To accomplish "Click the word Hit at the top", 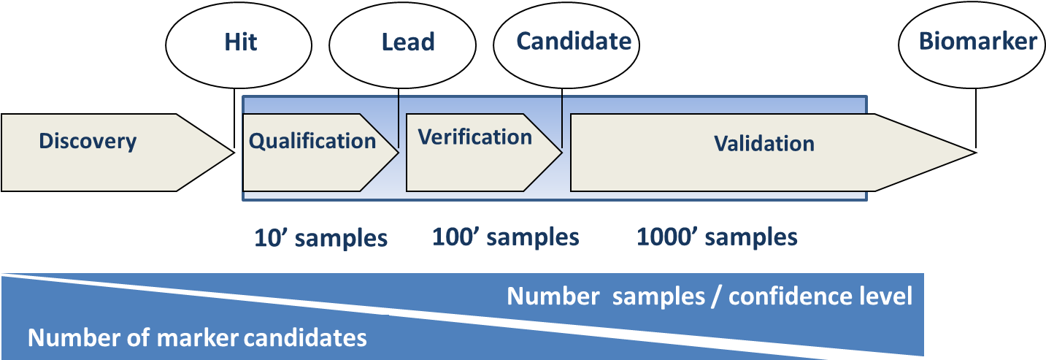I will [x=241, y=42].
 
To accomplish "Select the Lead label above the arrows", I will [x=408, y=42].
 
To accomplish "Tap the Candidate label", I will [x=574, y=42].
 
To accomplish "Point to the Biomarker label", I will [x=977, y=42].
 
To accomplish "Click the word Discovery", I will [x=88, y=141].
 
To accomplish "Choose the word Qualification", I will [x=312, y=141].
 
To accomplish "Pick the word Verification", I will [x=474, y=137].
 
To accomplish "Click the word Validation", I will [x=764, y=143].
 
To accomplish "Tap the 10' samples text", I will [x=320, y=238].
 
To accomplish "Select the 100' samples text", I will [x=506, y=237].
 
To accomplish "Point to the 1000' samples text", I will [x=717, y=237].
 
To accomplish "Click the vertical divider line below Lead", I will [x=399, y=120].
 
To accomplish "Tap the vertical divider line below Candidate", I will [x=562, y=120].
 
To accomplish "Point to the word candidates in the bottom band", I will [x=305, y=338].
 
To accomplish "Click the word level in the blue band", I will [x=888, y=296].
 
